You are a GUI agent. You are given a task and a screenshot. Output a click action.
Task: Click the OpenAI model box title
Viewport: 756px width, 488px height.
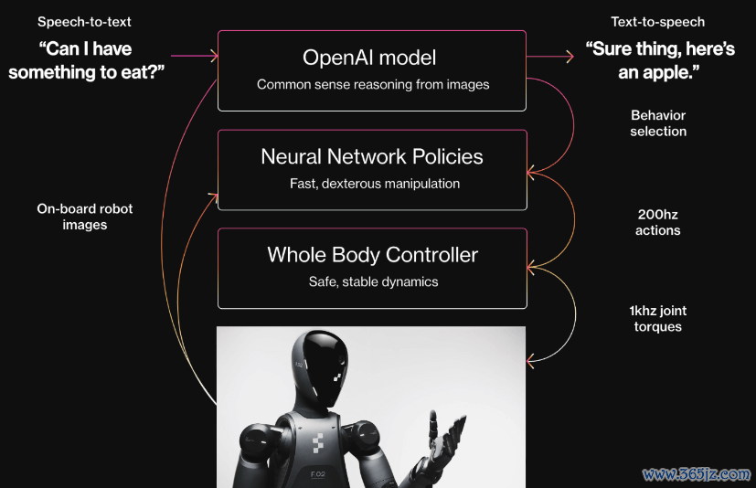click(x=369, y=58)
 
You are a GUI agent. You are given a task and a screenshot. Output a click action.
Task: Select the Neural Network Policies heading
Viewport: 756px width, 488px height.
click(x=372, y=156)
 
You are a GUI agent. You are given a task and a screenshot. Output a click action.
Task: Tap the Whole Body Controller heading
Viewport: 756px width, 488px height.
click(x=373, y=255)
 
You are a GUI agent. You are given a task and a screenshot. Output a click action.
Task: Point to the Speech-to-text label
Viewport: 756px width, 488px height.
click(x=84, y=22)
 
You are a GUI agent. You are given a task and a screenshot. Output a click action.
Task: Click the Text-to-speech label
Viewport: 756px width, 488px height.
click(x=657, y=22)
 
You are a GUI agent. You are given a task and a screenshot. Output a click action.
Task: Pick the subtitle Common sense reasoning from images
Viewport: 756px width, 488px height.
click(x=373, y=84)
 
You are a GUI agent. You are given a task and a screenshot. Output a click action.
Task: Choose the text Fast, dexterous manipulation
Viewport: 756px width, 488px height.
click(x=375, y=184)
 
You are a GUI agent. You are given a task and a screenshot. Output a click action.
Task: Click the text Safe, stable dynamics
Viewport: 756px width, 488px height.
click(x=373, y=281)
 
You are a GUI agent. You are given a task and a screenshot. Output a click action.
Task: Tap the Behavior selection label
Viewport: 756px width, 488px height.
click(x=658, y=123)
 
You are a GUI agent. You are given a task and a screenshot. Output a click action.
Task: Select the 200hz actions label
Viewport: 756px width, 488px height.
click(x=657, y=222)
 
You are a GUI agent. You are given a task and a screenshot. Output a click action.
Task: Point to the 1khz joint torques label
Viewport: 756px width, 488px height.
click(x=657, y=319)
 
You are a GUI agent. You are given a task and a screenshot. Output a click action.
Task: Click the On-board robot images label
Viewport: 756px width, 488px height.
click(x=85, y=217)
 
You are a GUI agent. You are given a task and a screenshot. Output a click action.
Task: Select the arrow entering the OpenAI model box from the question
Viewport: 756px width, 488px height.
click(x=195, y=56)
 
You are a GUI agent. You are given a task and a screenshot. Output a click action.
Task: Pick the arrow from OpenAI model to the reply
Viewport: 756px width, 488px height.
click(x=550, y=57)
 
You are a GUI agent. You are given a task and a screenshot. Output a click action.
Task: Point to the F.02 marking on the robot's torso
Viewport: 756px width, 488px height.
click(x=318, y=474)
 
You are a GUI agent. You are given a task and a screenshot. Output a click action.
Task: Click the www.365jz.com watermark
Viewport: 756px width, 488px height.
click(x=697, y=474)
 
